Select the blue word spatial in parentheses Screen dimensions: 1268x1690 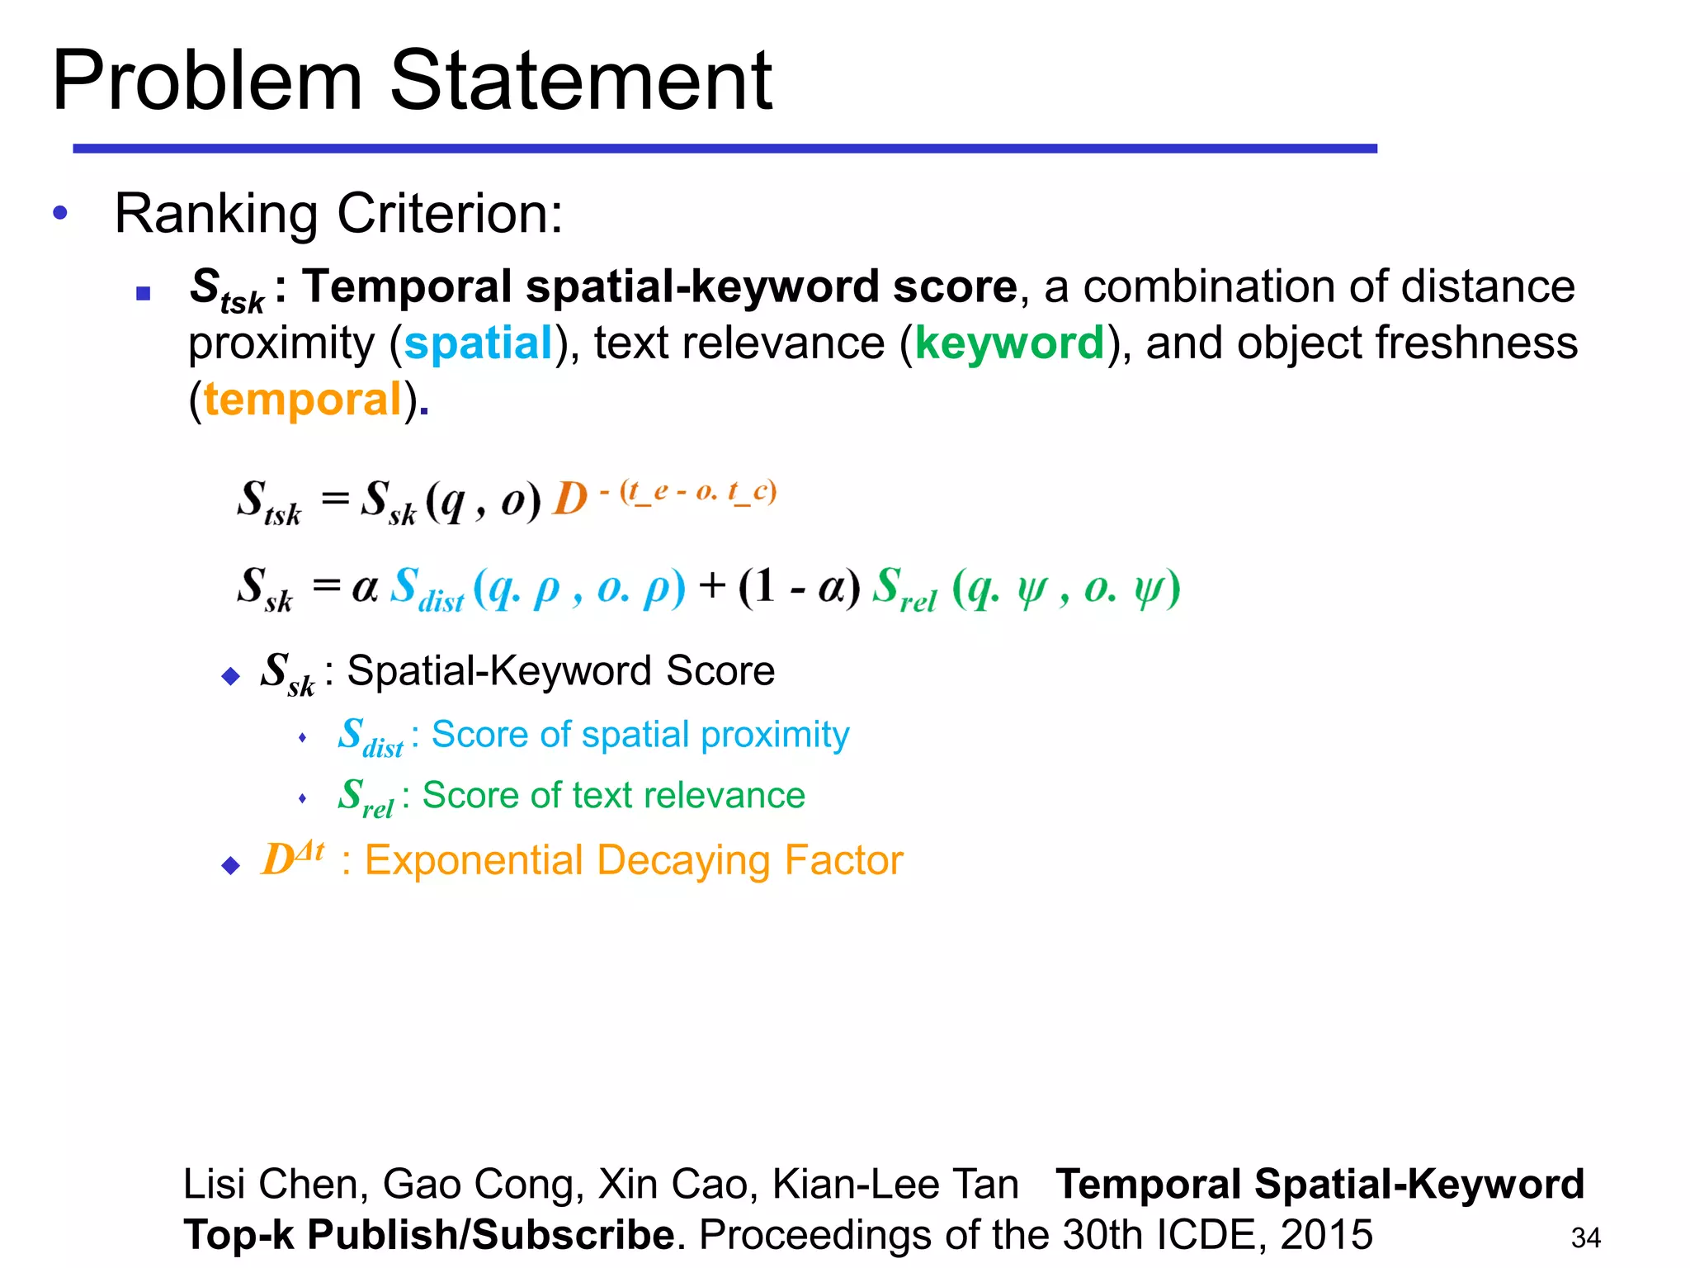(x=478, y=343)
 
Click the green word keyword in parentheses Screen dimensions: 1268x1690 (x=1009, y=343)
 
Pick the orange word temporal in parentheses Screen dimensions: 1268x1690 (x=302, y=400)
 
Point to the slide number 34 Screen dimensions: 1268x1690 (x=1585, y=1237)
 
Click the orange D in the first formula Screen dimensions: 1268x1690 (x=569, y=499)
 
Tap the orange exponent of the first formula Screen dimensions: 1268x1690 (x=689, y=492)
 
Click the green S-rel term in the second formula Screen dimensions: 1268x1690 (x=904, y=589)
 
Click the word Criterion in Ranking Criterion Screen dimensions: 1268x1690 (x=450, y=214)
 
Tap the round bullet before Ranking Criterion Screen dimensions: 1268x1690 (x=60, y=213)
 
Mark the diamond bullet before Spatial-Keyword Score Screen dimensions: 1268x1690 (x=231, y=677)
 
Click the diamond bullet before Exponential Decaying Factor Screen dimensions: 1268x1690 (x=231, y=865)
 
